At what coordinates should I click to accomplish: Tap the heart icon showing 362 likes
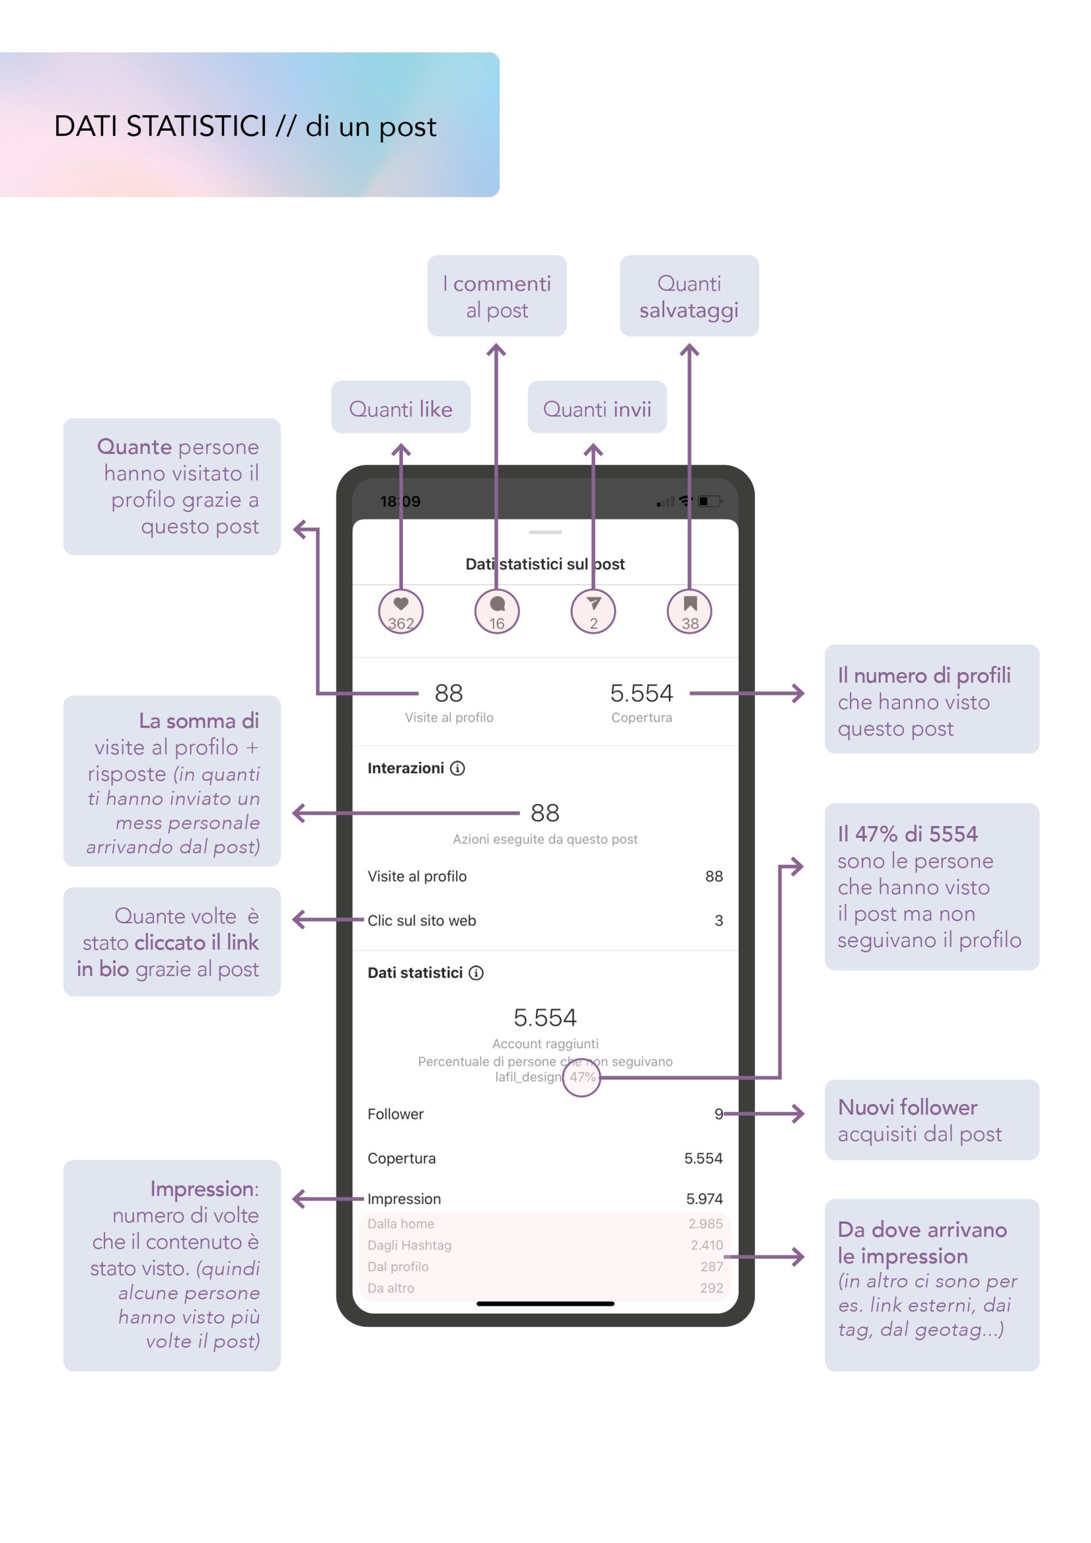401,603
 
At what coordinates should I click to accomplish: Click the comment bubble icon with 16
497,603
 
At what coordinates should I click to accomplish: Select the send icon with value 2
594,603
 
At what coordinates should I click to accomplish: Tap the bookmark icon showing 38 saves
690,603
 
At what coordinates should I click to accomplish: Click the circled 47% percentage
582,1077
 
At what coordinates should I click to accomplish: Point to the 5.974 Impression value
704,1198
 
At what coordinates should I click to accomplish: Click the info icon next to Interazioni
457,768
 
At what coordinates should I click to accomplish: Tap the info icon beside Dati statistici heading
476,973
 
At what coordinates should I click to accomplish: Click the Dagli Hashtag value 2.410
706,1245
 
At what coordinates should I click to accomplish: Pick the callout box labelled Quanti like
401,407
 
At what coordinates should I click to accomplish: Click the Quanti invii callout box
597,407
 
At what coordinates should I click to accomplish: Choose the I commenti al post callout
497,295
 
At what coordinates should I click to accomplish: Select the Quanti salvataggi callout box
689,295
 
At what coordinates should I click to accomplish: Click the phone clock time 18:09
400,501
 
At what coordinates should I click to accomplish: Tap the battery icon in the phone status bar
710,501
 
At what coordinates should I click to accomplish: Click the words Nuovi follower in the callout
907,1107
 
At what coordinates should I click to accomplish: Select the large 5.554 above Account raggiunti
545,1017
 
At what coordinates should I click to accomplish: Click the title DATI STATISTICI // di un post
245,126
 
